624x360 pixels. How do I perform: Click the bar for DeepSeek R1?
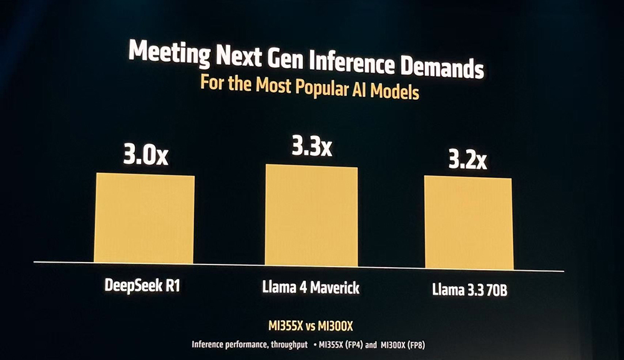(x=144, y=218)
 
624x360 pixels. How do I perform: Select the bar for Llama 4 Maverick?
(x=311, y=215)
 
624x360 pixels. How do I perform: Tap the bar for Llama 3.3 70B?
(x=469, y=223)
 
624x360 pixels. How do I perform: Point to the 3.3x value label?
(x=312, y=147)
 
